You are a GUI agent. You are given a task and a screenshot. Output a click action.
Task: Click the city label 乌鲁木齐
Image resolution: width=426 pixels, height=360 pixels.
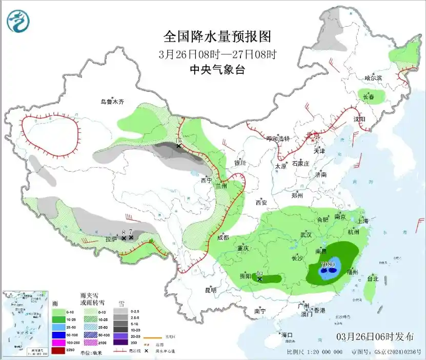[112, 102]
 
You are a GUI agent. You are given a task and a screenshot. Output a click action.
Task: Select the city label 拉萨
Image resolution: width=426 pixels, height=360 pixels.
[111, 239]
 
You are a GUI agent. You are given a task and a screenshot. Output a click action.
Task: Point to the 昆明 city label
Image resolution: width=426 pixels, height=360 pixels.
[211, 290]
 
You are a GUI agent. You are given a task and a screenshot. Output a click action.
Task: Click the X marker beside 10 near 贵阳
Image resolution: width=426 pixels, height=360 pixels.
[260, 279]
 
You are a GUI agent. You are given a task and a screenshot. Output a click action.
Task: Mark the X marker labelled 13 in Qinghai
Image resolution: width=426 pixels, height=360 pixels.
[178, 146]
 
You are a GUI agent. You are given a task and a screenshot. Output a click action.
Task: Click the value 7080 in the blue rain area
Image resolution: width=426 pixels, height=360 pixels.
[328, 265]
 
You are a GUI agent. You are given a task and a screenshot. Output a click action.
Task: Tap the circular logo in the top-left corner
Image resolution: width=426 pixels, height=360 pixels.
[18, 21]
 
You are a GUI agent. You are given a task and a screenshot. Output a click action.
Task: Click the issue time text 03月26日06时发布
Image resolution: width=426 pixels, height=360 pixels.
[375, 337]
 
